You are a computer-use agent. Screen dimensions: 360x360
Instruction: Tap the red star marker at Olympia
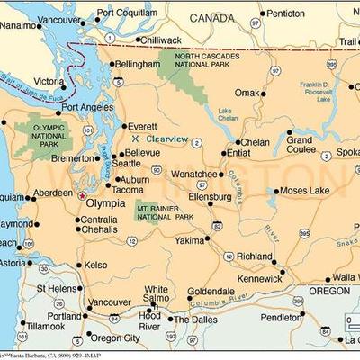point(83,194)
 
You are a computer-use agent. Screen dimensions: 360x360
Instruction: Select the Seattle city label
point(126,164)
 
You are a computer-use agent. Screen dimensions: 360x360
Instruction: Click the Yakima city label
point(190,241)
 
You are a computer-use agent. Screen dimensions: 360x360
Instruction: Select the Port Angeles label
point(86,108)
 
